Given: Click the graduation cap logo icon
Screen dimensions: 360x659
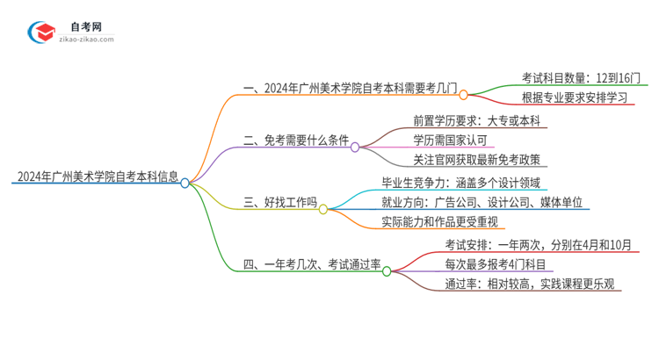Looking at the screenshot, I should point(42,32).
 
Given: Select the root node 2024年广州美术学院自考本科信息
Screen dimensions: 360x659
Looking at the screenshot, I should point(96,176).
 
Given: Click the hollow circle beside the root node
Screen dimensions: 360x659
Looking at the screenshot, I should point(185,183).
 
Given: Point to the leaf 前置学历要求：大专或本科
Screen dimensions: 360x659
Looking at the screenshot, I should point(476,120).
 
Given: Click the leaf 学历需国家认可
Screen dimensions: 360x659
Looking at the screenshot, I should point(451,140).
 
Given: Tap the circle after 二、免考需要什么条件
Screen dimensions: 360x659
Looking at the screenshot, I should point(355,148).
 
